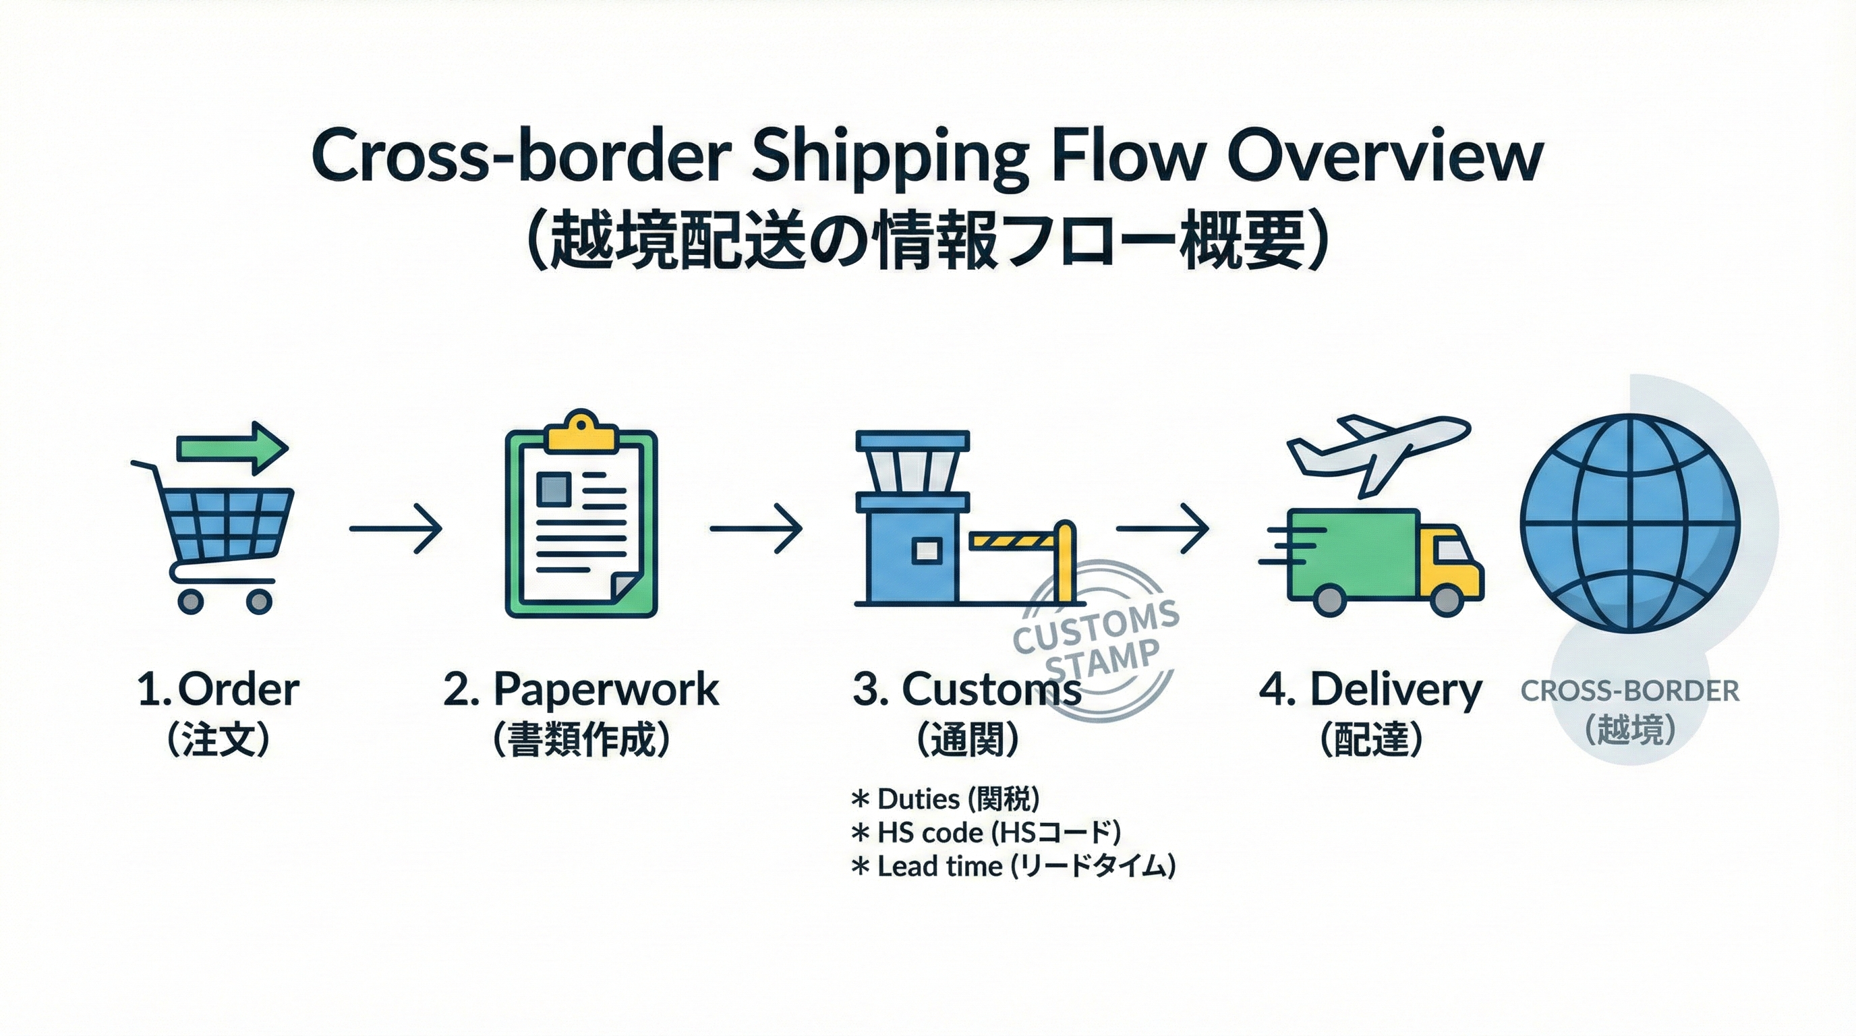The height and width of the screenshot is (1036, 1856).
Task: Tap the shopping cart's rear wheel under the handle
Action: pyautogui.click(x=190, y=601)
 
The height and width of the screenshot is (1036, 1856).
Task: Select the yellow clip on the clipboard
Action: pyautogui.click(x=581, y=432)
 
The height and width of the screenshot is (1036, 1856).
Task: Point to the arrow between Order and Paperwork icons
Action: pyautogui.click(x=396, y=529)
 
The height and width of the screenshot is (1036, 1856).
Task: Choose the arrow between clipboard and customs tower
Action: pyautogui.click(x=756, y=529)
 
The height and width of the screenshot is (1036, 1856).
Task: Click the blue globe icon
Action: pyautogui.click(x=1630, y=524)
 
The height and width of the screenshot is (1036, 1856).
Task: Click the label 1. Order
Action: pyautogui.click(x=219, y=689)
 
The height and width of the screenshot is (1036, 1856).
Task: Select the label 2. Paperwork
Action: pyautogui.click(x=581, y=690)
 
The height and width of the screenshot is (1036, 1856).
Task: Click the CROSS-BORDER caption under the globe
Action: pyautogui.click(x=1630, y=691)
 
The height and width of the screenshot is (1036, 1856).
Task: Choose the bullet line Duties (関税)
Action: pyautogui.click(x=946, y=799)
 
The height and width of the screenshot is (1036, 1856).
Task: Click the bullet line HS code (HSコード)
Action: pyautogui.click(x=985, y=833)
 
